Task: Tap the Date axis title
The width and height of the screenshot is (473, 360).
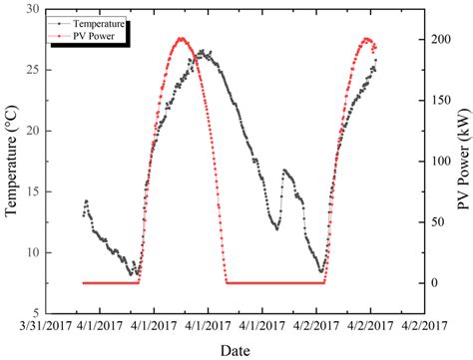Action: click(236, 350)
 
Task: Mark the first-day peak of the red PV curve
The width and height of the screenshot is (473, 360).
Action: click(182, 39)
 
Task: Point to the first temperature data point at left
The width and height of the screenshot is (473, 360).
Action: click(84, 214)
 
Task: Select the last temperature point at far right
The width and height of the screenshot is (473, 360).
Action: click(376, 61)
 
